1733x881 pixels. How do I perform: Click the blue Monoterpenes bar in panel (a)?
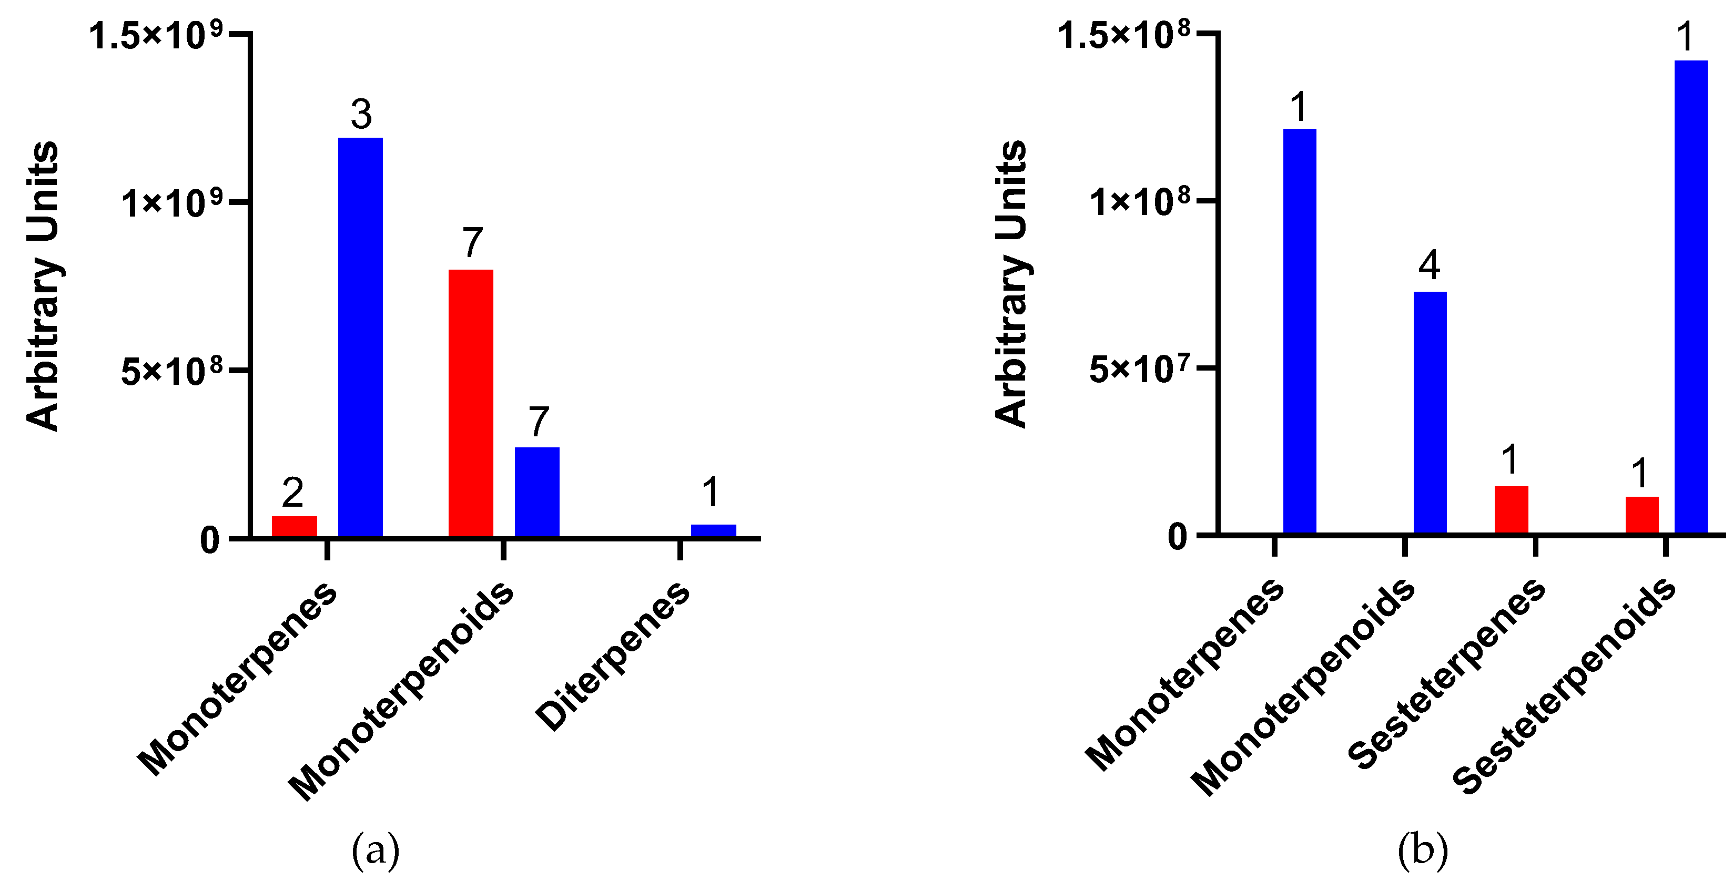[x=360, y=336]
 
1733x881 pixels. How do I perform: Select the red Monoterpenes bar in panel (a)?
[x=294, y=527]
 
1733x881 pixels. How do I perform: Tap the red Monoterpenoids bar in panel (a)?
[x=470, y=402]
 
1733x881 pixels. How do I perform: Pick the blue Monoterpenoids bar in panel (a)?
[x=537, y=491]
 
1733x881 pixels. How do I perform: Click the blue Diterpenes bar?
[x=713, y=530]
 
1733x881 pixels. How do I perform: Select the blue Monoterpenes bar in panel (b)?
[x=1299, y=331]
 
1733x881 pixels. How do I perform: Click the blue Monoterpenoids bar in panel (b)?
[x=1430, y=412]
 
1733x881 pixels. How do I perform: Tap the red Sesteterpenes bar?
[x=1511, y=509]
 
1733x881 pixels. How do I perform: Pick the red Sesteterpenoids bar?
[x=1641, y=515]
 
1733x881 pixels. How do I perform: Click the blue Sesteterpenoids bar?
[x=1690, y=296]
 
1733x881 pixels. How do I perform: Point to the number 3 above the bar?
[x=361, y=114]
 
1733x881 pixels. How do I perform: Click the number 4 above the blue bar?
[x=1429, y=265]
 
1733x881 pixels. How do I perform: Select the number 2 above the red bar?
[x=292, y=493]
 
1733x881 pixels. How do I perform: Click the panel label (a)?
[x=376, y=850]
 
